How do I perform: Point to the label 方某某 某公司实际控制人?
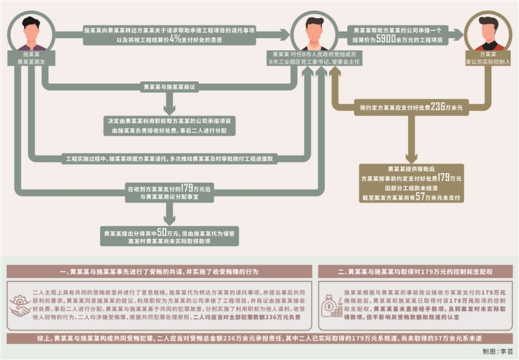[x=489, y=57]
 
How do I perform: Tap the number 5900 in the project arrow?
[x=388, y=40]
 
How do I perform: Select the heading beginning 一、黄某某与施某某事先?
[x=159, y=271]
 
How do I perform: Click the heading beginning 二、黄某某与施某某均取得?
[x=415, y=271]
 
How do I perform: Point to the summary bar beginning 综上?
[x=259, y=336]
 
